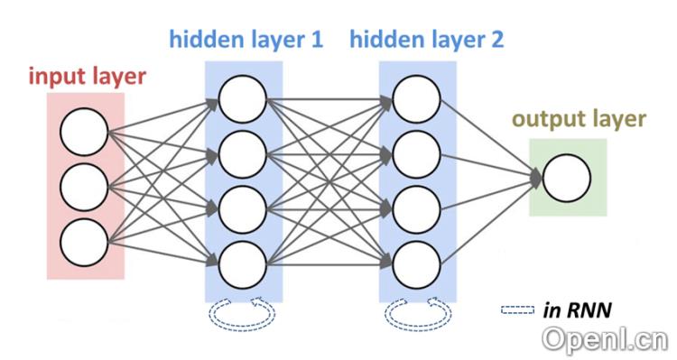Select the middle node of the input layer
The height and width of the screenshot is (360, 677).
point(84,188)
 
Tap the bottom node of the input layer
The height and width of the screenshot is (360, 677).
point(84,241)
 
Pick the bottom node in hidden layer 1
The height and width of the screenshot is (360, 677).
point(242,262)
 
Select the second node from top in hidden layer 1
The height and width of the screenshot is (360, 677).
point(242,152)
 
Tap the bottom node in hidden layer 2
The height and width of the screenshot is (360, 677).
point(416,262)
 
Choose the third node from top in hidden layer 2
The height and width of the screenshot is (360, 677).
point(416,208)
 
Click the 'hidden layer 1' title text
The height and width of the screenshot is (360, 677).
point(245,40)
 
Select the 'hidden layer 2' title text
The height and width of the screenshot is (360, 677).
point(426,40)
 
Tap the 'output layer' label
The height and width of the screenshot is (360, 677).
point(579,119)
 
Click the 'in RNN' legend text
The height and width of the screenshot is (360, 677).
point(579,310)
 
